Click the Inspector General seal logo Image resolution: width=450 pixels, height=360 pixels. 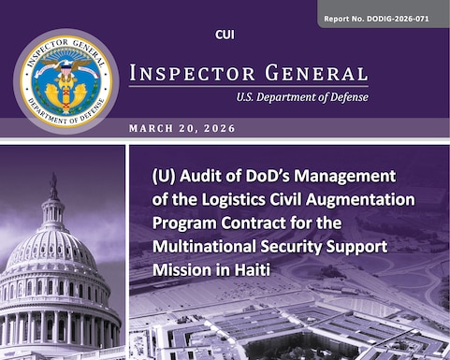click(x=65, y=81)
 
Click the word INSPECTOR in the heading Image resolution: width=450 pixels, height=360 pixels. click(x=188, y=74)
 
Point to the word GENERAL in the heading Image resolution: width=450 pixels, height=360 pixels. click(x=309, y=74)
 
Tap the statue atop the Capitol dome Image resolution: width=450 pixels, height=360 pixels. click(x=53, y=187)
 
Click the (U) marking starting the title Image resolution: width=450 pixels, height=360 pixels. click(x=165, y=177)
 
